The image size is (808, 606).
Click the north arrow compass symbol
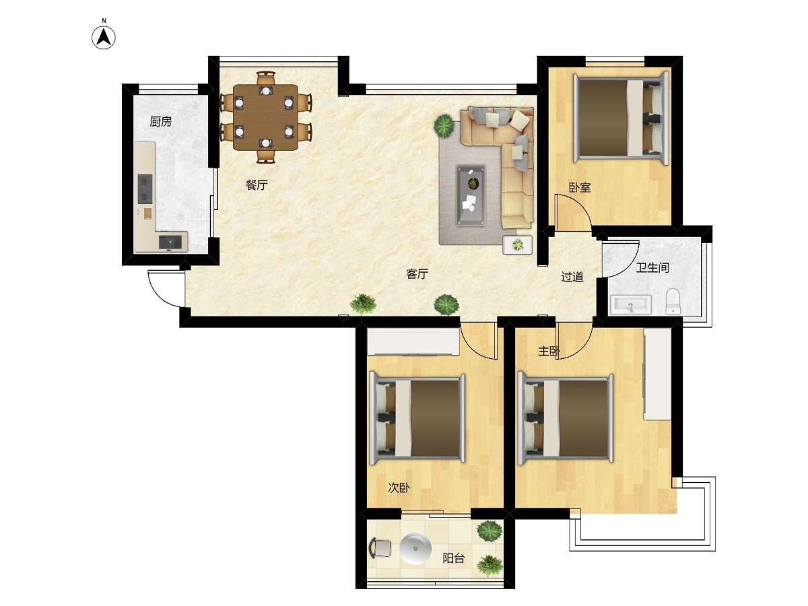pyautogui.click(x=104, y=38)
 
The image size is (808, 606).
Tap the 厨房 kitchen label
pyautogui.click(x=160, y=121)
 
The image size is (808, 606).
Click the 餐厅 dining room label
pyautogui.click(x=257, y=184)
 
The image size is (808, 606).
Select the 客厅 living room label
pyautogui.click(x=417, y=274)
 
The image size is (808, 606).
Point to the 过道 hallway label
pyautogui.click(x=572, y=277)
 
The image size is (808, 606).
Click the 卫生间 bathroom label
pyautogui.click(x=652, y=267)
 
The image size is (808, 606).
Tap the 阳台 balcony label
pyautogui.click(x=453, y=559)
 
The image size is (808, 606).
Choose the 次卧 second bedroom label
pyautogui.click(x=399, y=488)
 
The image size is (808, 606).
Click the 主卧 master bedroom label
pyautogui.click(x=549, y=351)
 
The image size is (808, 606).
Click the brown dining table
pyautogui.click(x=265, y=117)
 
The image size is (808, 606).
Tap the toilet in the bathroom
pyautogui.click(x=673, y=302)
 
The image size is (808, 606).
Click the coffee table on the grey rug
pyautogui.click(x=471, y=195)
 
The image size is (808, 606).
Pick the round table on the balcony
pyautogui.click(x=415, y=549)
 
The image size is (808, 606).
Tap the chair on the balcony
pyautogui.click(x=380, y=548)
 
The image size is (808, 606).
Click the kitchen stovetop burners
pyautogui.click(x=145, y=189)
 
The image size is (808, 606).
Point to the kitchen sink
pyautogui.click(x=170, y=242)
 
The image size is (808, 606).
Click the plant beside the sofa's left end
pyautogui.click(x=444, y=126)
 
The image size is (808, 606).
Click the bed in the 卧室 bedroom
pyautogui.click(x=621, y=118)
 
